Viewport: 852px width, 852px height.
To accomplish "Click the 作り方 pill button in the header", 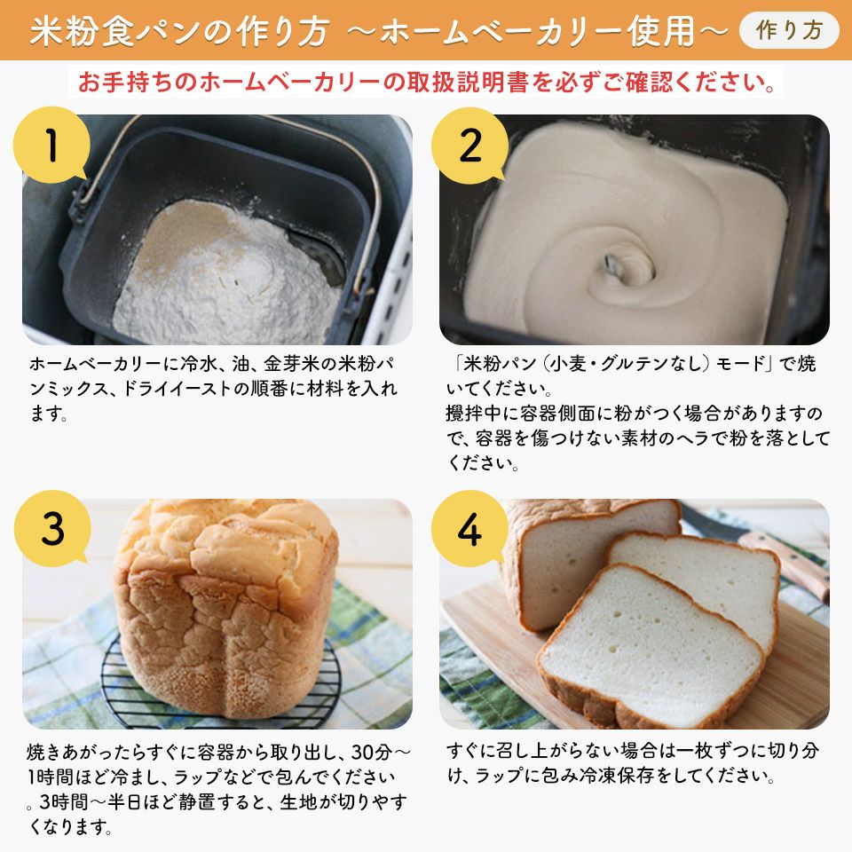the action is point(789,30).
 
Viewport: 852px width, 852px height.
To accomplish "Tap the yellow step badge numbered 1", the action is point(51,145).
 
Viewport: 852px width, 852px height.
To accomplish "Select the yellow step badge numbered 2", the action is point(469,145).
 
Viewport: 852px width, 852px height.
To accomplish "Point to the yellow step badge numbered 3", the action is point(52,529).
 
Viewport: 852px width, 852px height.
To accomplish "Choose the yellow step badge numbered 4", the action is point(469,529).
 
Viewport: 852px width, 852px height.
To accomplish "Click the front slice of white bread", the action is point(651,647).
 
